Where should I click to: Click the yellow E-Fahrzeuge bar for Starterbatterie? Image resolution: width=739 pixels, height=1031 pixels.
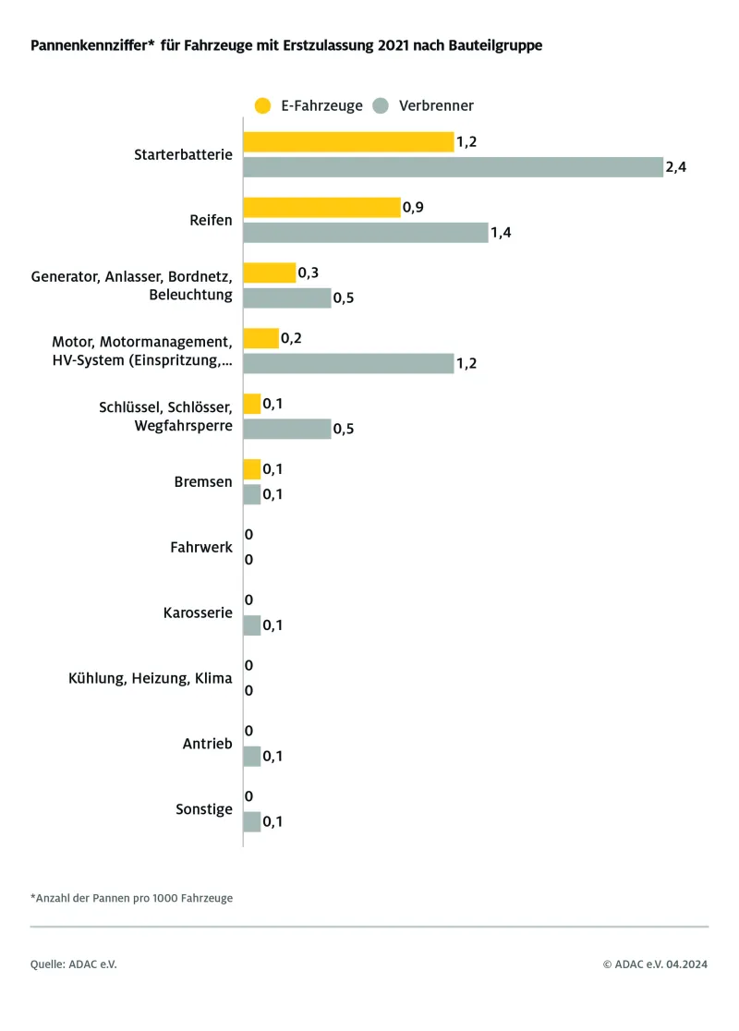point(348,141)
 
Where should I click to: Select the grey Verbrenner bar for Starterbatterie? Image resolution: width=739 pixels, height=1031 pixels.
point(453,167)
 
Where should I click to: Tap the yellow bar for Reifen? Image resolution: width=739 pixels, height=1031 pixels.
point(321,207)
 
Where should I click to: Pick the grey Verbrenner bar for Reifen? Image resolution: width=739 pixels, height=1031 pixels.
point(365,233)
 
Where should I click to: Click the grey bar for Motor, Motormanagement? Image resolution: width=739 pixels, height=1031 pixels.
point(348,363)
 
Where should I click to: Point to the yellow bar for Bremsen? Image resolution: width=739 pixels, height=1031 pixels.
point(251,469)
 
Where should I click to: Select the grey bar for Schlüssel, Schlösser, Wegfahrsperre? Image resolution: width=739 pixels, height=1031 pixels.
point(286,429)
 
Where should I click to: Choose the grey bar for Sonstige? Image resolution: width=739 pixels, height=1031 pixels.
point(251,822)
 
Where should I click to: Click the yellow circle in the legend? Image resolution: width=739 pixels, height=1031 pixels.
point(262,105)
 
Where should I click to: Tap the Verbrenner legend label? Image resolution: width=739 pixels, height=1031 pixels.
point(436,105)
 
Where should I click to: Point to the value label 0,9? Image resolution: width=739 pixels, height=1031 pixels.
point(413,207)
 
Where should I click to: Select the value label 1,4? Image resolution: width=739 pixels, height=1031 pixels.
point(501,233)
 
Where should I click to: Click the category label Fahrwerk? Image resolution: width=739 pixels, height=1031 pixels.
point(201,548)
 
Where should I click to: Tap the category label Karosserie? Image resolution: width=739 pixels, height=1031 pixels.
point(197,613)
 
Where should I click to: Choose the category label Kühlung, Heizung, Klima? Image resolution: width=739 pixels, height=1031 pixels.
point(151,678)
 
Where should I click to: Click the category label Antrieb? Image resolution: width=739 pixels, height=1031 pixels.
point(207,744)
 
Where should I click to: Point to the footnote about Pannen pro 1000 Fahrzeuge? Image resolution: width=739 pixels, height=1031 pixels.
point(131,897)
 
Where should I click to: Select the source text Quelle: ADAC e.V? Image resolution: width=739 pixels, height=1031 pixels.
point(74,964)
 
